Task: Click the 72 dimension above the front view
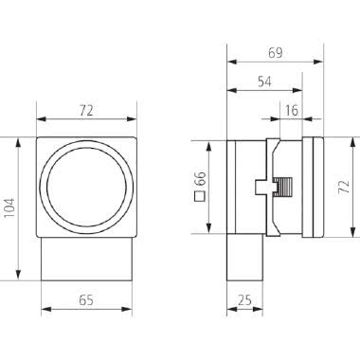click(x=85, y=110)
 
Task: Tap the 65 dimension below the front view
click(x=85, y=300)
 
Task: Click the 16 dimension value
click(x=291, y=111)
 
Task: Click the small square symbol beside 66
click(x=200, y=198)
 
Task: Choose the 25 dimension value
click(x=245, y=300)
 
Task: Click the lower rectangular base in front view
click(x=85, y=257)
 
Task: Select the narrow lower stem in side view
click(x=245, y=257)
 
